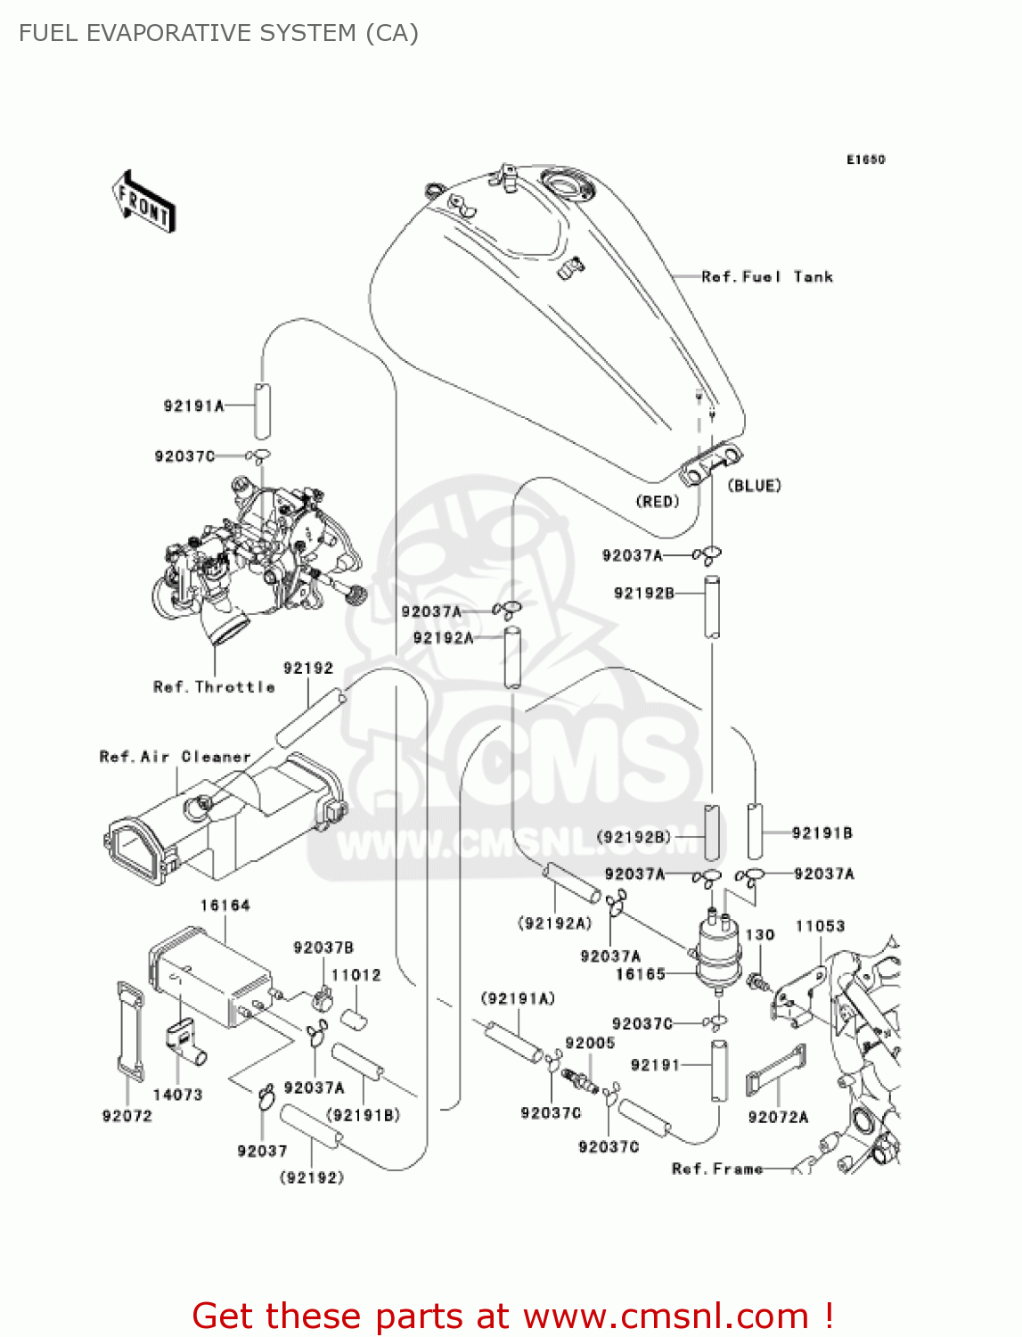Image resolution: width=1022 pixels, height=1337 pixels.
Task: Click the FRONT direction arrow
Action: tap(143, 201)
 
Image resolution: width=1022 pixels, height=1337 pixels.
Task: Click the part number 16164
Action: tap(225, 906)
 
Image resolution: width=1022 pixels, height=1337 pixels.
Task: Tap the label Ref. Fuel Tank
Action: tap(766, 277)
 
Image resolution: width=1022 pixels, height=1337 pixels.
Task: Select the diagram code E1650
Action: tap(865, 160)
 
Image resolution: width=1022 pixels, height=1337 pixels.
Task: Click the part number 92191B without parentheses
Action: tap(822, 833)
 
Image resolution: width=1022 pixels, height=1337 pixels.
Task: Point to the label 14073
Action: tap(177, 1095)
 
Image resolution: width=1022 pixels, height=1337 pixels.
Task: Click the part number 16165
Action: tap(640, 974)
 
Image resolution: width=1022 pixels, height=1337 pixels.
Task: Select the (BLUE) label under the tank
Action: tap(754, 486)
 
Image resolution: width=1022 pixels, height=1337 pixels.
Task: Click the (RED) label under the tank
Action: tap(658, 502)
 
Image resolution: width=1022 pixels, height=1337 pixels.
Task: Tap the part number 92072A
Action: tap(778, 1118)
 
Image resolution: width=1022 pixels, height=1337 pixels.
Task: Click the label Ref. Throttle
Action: tap(214, 687)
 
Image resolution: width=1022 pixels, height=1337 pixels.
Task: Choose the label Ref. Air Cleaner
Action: tap(175, 757)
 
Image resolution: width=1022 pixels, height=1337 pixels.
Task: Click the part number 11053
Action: tap(820, 926)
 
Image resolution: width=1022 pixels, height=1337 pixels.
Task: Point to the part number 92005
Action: tap(590, 1043)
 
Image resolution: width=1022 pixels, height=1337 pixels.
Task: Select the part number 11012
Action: tap(356, 975)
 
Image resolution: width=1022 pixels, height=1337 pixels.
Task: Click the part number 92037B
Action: tap(323, 947)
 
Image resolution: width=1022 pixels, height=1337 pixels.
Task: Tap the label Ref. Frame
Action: tap(717, 1169)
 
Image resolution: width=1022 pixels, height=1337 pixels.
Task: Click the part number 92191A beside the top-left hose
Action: tap(193, 406)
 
